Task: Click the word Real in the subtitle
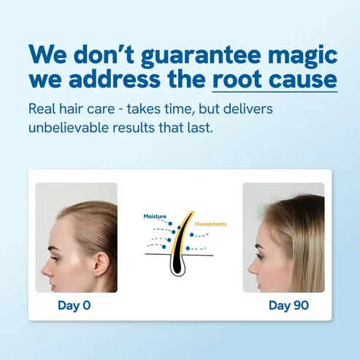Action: point(42,110)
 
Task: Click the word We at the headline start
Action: point(48,55)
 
